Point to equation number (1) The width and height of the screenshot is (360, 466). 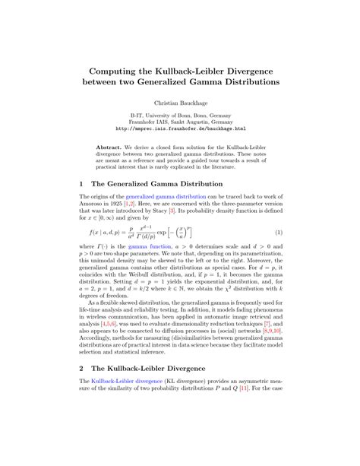(278, 232)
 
